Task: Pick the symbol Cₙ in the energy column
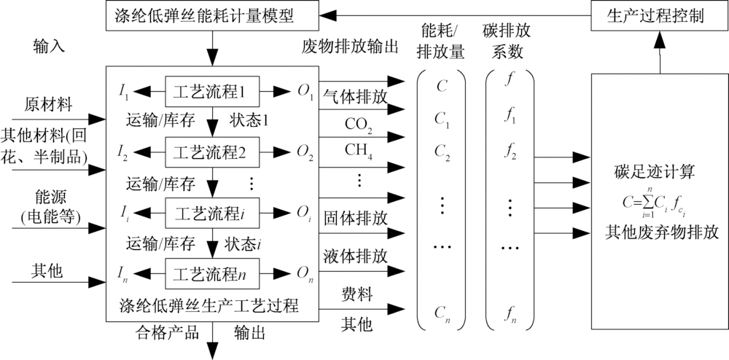pos(441,313)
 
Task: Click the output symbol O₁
pos(305,92)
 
